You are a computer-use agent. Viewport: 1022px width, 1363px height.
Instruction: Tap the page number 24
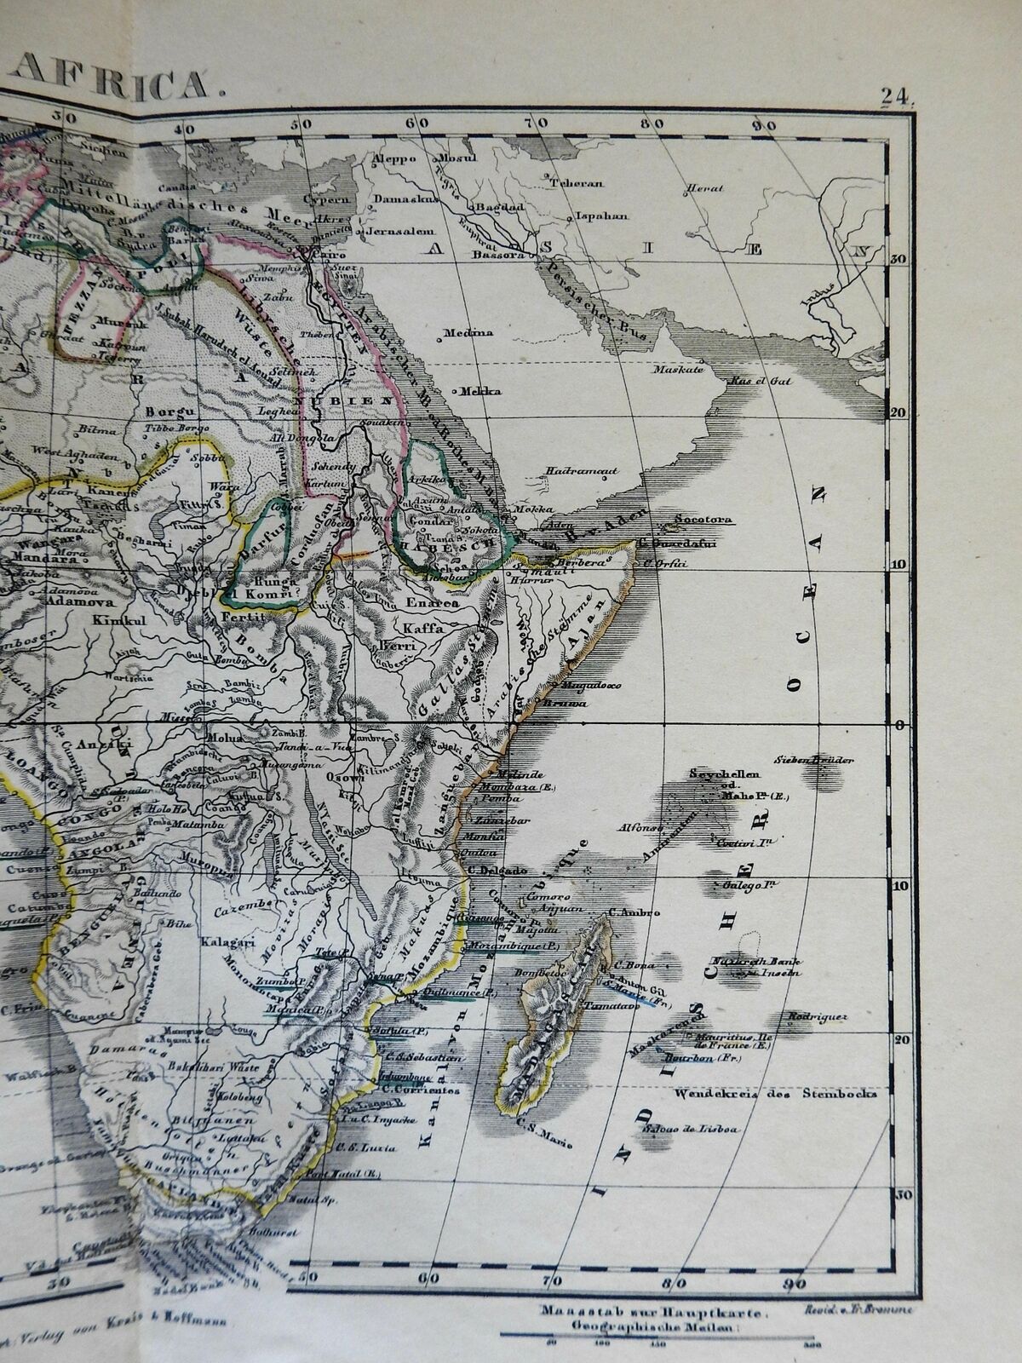pos(897,95)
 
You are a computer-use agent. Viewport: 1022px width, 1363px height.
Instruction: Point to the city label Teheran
pos(582,183)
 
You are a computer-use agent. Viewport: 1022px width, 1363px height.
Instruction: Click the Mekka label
pos(481,392)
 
